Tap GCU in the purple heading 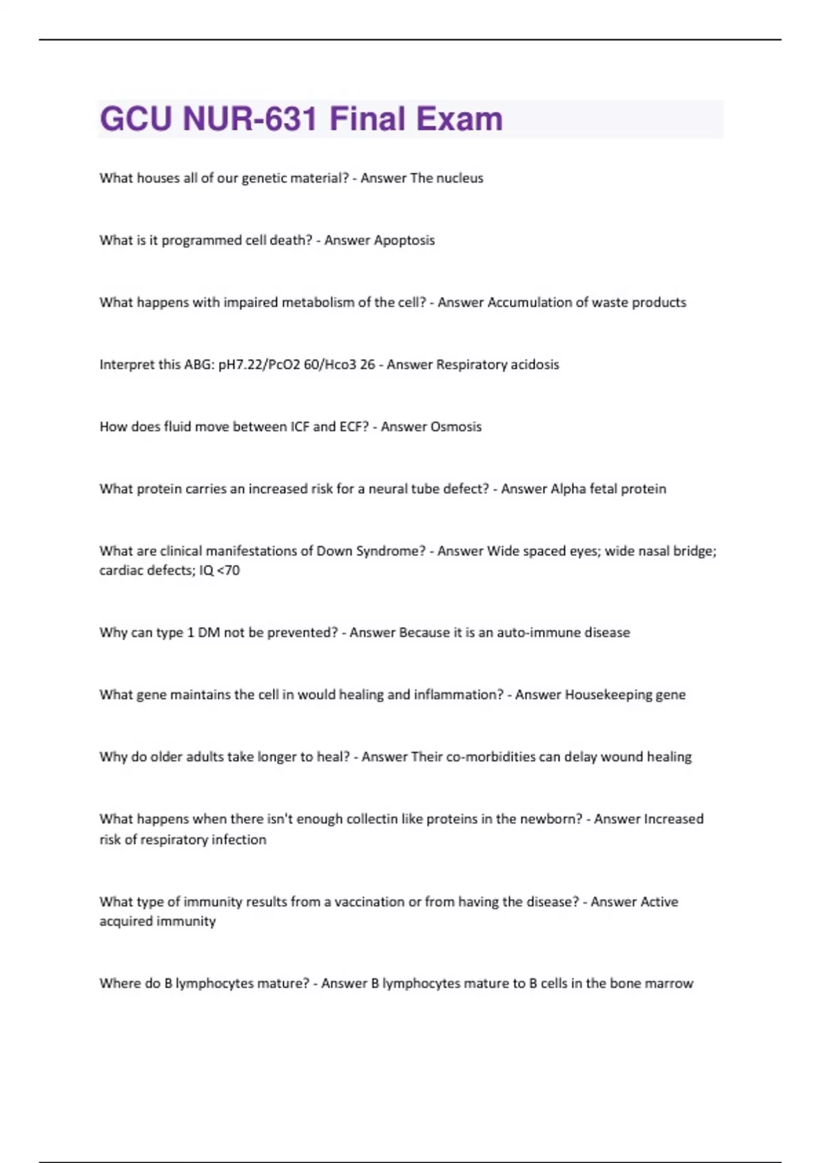[x=135, y=119]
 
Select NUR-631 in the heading [x=250, y=119]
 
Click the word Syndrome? [x=391, y=551]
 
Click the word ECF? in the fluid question [x=354, y=427]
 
